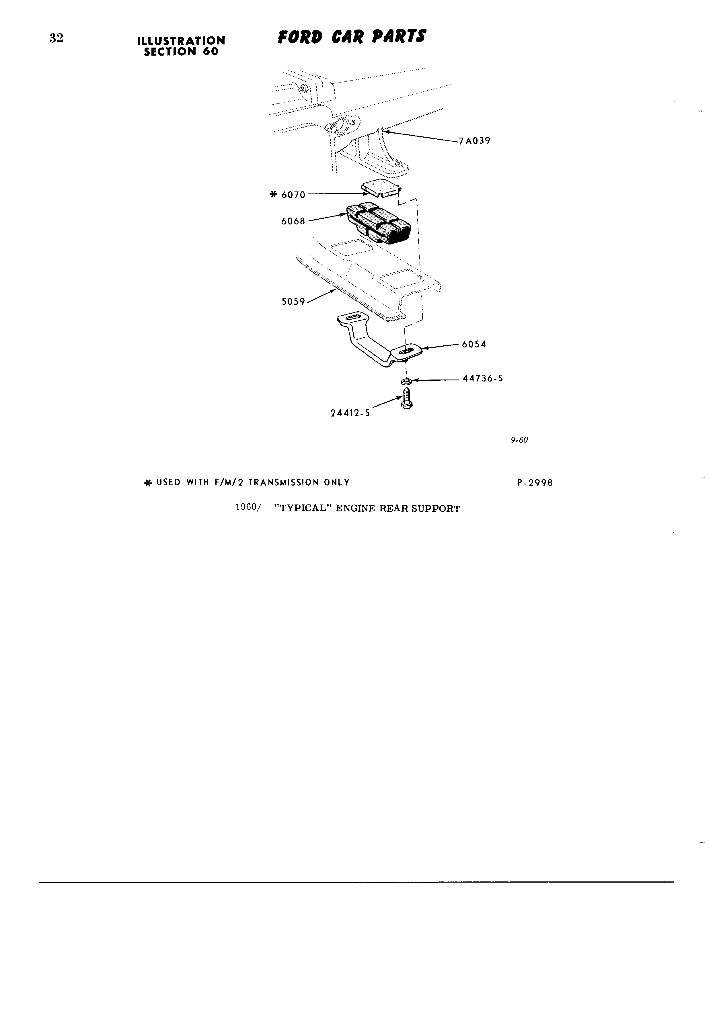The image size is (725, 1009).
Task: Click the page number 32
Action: [x=56, y=39]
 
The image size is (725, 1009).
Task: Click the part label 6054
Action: [x=474, y=344]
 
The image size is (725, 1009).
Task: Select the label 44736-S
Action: [x=483, y=379]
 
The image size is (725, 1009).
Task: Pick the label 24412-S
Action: [x=350, y=413]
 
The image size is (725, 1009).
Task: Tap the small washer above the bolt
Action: [x=406, y=381]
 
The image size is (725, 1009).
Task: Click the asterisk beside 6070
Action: [x=274, y=195]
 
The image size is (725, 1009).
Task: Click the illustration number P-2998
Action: [x=535, y=483]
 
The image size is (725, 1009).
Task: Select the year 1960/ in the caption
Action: [x=248, y=508]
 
